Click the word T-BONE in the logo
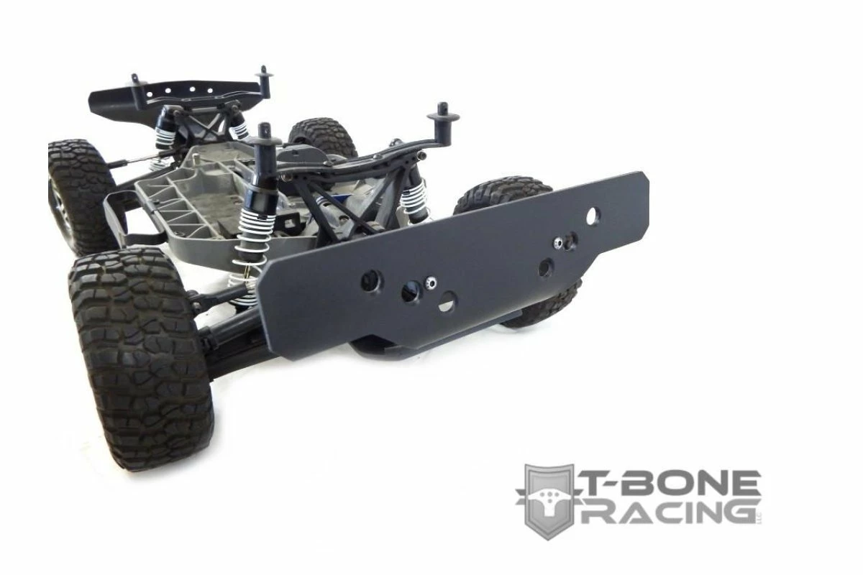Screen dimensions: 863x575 pyautogui.click(x=672, y=482)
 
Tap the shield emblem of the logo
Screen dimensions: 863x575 pyautogui.click(x=549, y=501)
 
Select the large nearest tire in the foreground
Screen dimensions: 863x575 pyautogui.click(x=141, y=358)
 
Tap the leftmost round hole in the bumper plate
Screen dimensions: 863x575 pyautogui.click(x=372, y=280)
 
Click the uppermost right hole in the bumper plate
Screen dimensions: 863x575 pyautogui.click(x=593, y=216)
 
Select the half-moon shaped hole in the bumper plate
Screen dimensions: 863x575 pyautogui.click(x=447, y=301)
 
